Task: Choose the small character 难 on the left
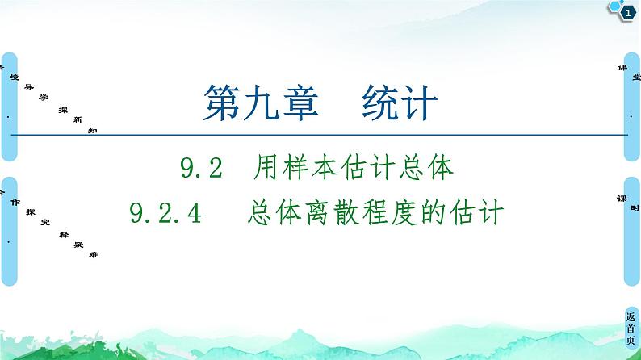tap(94, 254)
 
